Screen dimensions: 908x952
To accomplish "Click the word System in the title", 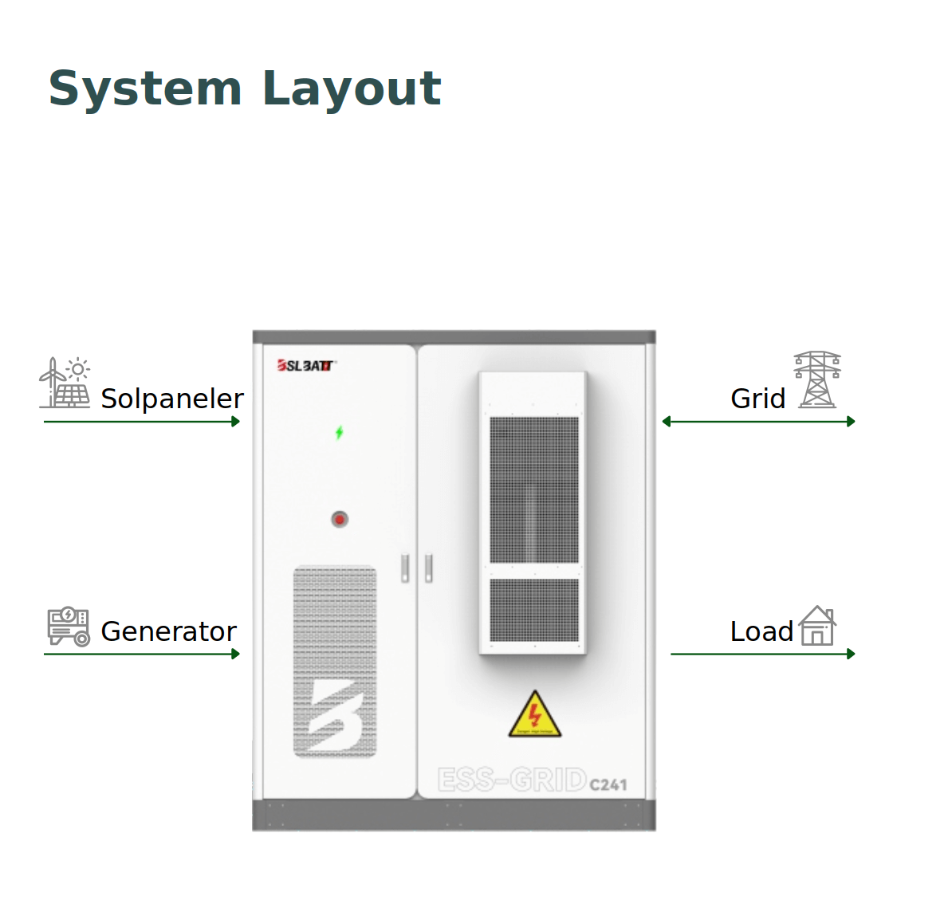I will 144,88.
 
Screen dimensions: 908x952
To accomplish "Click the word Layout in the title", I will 351,88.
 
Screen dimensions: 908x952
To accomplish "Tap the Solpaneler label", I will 171,399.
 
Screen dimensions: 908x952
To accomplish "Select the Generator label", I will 168,631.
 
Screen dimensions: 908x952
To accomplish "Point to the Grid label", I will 757,399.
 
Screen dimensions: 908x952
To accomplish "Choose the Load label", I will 761,631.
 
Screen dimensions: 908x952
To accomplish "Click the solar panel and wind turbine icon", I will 65,383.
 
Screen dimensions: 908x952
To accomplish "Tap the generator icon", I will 69,626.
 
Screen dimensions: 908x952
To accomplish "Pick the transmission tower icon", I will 817,379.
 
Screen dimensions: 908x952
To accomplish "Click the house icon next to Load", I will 817,626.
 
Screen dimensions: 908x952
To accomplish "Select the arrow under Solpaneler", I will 142,422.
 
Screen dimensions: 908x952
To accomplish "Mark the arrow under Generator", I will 142,654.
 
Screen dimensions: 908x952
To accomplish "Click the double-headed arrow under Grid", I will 758,422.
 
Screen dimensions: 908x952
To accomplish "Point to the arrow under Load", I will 762,654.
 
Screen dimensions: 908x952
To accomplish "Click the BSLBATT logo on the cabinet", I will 306,366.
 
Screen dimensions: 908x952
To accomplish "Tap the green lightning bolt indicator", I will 340,433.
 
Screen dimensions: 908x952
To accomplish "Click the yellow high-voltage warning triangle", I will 535,715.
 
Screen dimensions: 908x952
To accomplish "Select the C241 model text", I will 608,785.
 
